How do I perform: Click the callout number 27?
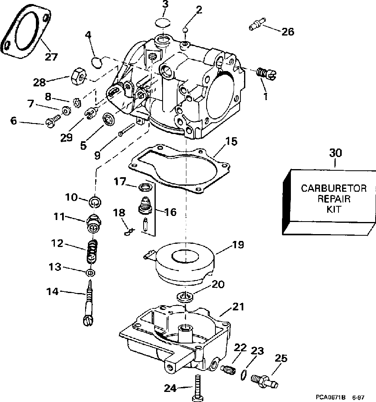point(51,57)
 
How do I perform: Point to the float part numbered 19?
point(183,262)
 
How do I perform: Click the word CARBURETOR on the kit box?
point(334,188)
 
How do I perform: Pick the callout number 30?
point(336,153)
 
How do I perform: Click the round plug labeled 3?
point(163,22)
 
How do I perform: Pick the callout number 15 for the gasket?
point(232,141)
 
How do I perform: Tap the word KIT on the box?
point(334,209)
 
